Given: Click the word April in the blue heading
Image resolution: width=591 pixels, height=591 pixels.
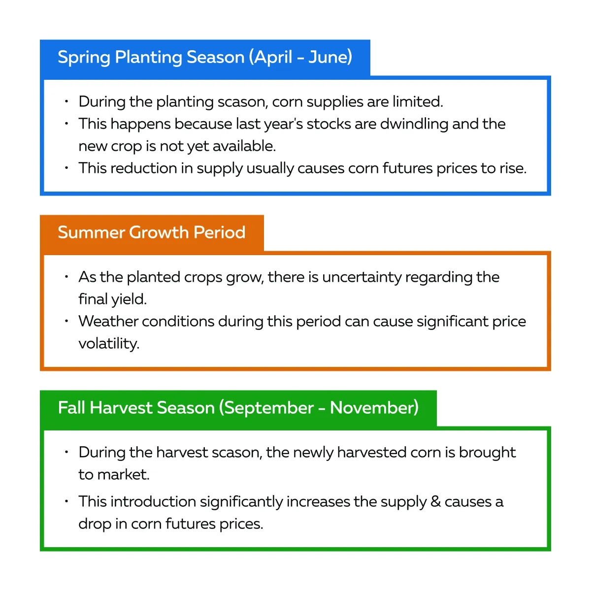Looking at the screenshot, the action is (x=273, y=57).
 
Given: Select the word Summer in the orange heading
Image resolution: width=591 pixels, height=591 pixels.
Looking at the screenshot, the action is (x=91, y=232).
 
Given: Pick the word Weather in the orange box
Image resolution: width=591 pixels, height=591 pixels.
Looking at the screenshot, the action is (x=108, y=322).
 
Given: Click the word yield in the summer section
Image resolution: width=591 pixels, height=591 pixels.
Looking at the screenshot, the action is (x=129, y=299).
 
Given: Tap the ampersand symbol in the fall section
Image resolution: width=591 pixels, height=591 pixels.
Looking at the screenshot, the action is (x=435, y=502).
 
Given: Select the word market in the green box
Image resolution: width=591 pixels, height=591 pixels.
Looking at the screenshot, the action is (x=123, y=474).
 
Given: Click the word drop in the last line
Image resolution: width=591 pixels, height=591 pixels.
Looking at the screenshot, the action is (x=95, y=524).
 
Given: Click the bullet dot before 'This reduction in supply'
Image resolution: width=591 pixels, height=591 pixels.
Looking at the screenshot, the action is (x=66, y=168).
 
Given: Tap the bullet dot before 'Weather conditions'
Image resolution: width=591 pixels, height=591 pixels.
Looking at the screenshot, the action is (x=66, y=321).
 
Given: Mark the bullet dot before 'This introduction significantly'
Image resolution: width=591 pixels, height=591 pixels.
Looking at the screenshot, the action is (x=66, y=501).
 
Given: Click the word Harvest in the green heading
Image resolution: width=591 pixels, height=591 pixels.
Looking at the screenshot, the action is (x=121, y=408).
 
